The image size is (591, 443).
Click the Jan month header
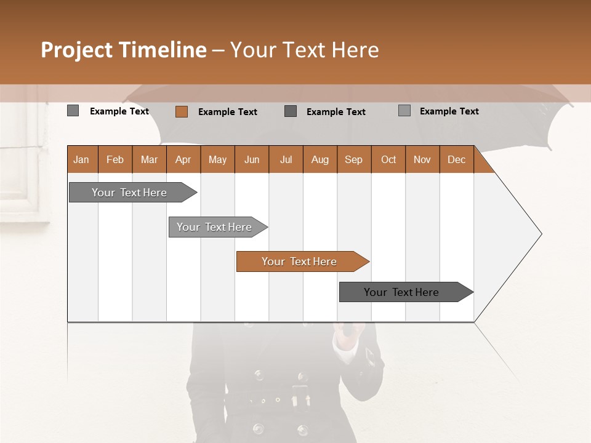[81, 159]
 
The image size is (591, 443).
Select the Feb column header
[115, 159]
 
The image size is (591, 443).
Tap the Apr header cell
[183, 159]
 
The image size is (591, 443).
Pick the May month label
[217, 159]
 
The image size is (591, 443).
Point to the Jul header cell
[286, 159]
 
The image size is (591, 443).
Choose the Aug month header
[320, 159]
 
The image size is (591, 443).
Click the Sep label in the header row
[354, 159]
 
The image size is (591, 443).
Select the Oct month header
[388, 159]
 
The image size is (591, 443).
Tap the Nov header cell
[422, 159]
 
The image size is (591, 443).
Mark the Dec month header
[457, 159]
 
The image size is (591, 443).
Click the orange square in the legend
[181, 111]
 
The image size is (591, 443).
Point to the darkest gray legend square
[291, 111]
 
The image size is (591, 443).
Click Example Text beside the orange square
[228, 112]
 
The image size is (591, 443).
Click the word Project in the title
[78, 50]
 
